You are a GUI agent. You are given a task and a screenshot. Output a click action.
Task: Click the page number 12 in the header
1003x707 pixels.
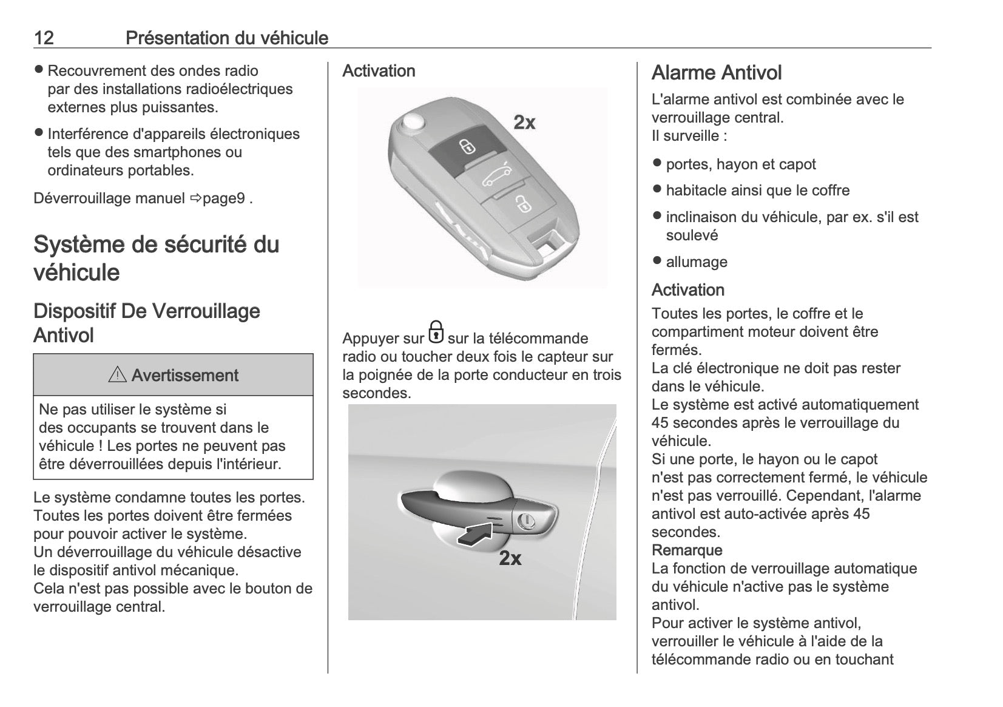(x=44, y=38)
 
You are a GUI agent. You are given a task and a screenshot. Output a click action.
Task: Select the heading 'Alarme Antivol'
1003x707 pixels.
(x=716, y=73)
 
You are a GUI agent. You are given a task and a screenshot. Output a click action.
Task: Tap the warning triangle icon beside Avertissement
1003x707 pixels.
(x=117, y=375)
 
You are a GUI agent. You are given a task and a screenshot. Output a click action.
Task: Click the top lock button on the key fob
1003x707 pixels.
(x=466, y=146)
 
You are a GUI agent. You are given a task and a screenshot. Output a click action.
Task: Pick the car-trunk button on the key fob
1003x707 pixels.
(x=497, y=177)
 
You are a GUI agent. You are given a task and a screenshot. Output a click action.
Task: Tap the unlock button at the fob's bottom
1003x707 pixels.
(x=522, y=203)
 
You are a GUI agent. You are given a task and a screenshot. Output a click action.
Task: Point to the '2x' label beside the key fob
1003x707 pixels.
(x=524, y=123)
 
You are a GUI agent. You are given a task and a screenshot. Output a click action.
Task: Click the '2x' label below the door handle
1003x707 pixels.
(x=510, y=558)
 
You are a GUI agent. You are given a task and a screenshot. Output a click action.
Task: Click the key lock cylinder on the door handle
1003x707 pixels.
(x=525, y=521)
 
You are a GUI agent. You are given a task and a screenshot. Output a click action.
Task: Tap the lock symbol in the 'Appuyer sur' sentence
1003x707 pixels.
(x=436, y=333)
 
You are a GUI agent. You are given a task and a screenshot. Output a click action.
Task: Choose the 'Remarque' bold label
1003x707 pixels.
(x=687, y=550)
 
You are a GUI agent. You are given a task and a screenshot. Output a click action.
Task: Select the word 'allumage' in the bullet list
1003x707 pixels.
(x=697, y=262)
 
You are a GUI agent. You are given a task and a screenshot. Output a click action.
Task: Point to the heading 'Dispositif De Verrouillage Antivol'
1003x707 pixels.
(x=146, y=323)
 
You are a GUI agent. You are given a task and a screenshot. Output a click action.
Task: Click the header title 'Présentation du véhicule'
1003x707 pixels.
(x=226, y=38)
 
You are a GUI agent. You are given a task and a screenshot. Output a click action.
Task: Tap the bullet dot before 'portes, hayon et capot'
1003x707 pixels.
(x=657, y=163)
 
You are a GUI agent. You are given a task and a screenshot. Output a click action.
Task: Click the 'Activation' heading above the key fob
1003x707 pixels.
(x=379, y=71)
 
